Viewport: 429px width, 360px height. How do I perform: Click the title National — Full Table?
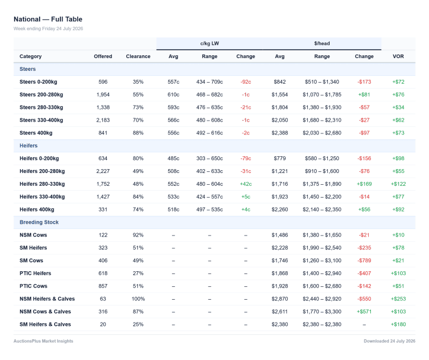(x=48, y=19)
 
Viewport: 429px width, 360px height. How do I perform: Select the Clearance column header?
(x=138, y=56)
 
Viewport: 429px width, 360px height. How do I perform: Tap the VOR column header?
(x=398, y=56)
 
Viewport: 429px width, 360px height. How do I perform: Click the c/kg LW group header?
(x=209, y=44)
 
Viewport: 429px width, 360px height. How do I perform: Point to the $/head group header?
(x=322, y=44)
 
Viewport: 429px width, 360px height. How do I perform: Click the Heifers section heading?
(x=28, y=146)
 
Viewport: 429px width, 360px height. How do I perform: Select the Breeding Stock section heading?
(x=39, y=222)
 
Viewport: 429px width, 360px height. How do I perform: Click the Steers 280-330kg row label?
(x=41, y=107)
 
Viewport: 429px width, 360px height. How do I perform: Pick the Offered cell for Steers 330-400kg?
(x=103, y=120)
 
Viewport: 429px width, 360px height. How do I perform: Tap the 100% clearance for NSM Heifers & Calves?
(x=138, y=299)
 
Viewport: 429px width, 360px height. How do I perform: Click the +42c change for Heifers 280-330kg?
(x=246, y=184)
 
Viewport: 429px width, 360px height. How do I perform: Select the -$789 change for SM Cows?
(x=364, y=261)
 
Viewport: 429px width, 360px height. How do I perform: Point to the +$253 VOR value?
(x=398, y=299)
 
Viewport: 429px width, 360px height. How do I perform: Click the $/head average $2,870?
(x=280, y=299)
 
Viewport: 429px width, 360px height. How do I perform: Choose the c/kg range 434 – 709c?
(x=209, y=81)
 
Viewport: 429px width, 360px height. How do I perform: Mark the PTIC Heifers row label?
(x=35, y=273)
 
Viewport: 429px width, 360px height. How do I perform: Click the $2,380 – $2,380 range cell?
(x=322, y=324)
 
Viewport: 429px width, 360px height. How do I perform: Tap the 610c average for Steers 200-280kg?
(x=174, y=94)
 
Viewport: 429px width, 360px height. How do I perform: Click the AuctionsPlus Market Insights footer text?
(x=44, y=341)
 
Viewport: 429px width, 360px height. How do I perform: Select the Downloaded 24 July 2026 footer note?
(x=389, y=341)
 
